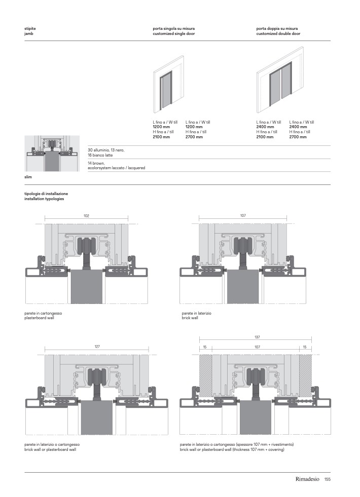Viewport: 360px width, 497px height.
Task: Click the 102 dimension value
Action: pyautogui.click(x=86, y=216)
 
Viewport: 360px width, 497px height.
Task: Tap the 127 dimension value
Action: pyautogui.click(x=96, y=347)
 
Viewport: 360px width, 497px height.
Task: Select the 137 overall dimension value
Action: pyautogui.click(x=257, y=337)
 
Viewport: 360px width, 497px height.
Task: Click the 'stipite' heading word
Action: pyautogui.click(x=30, y=29)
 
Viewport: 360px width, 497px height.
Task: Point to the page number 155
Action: pyautogui.click(x=327, y=479)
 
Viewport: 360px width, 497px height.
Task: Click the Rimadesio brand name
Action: pyautogui.click(x=307, y=479)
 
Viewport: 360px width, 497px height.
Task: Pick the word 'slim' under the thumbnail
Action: pyautogui.click(x=28, y=177)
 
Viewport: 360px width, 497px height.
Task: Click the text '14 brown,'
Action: pyautogui.click(x=96, y=164)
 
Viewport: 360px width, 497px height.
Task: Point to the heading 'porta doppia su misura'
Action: pyautogui.click(x=277, y=29)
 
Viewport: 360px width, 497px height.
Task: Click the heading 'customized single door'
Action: pyautogui.click(x=173, y=33)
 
